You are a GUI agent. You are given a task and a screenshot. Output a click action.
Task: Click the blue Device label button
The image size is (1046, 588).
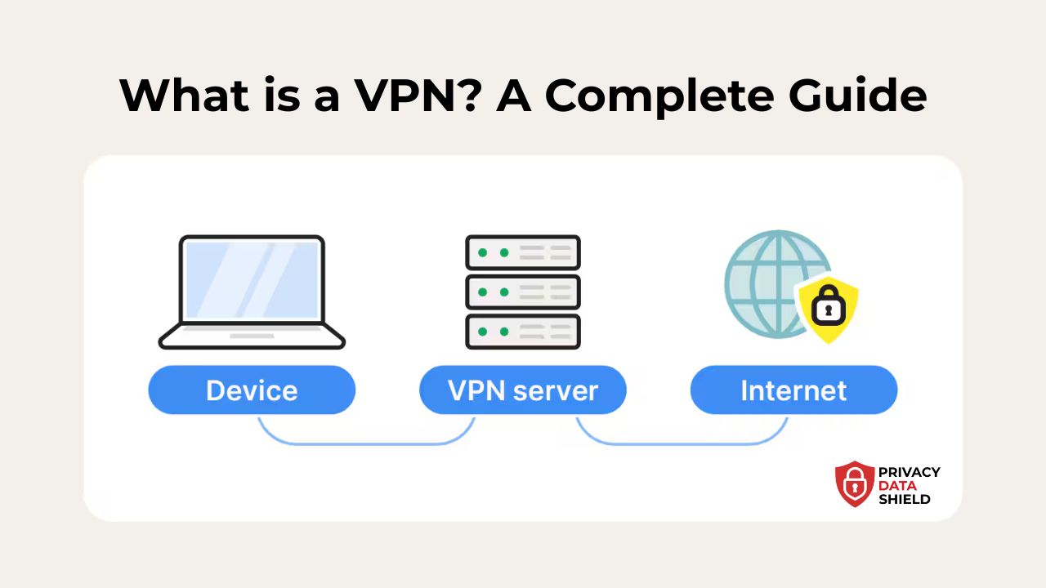[252, 390]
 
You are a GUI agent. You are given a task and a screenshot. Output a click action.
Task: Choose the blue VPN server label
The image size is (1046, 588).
[523, 390]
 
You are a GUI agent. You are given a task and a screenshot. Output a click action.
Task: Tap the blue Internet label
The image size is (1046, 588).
[793, 390]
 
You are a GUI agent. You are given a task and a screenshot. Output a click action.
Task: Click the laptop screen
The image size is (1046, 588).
[252, 278]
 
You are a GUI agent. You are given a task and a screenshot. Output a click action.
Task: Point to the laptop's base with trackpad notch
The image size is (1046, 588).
[252, 336]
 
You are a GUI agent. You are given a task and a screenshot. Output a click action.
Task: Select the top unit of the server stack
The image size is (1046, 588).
[523, 252]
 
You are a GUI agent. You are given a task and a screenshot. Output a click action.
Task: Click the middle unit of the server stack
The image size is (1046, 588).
[523, 292]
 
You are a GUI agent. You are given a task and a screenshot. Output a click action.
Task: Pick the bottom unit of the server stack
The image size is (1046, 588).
[523, 331]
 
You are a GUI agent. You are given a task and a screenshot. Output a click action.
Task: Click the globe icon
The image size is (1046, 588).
[764, 278]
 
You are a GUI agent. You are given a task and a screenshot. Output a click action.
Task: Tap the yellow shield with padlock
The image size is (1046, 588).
[827, 307]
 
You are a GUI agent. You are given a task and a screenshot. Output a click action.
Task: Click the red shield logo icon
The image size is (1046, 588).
[855, 484]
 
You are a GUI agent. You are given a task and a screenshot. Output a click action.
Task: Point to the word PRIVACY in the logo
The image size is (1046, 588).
[909, 472]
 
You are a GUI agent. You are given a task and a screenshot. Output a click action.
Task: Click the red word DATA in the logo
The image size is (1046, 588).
[897, 486]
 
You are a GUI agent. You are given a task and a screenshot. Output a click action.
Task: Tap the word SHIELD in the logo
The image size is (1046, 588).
[904, 499]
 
